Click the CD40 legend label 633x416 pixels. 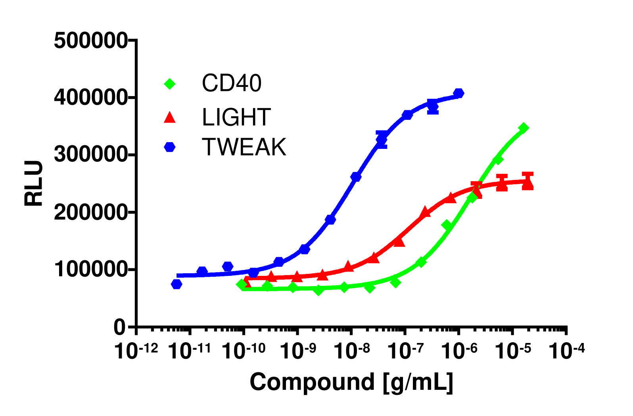pyautogui.click(x=232, y=83)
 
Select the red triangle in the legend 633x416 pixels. pyautogui.click(x=170, y=117)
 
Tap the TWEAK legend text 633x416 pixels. pyautogui.click(x=244, y=147)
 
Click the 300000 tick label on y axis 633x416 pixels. pyautogui.click(x=90, y=155)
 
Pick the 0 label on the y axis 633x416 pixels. pyautogui.click(x=119, y=327)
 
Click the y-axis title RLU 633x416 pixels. pyautogui.click(x=34, y=183)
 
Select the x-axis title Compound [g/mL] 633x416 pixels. pyautogui.click(x=351, y=382)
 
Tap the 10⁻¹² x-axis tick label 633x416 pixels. pyautogui.click(x=136, y=351)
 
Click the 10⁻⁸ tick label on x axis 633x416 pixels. pyautogui.click(x=352, y=351)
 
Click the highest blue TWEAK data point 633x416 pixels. pyautogui.click(x=458, y=93)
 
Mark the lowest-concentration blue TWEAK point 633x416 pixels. pyautogui.click(x=176, y=284)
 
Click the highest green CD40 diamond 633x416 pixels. pyautogui.click(x=524, y=128)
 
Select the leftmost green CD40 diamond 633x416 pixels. pyautogui.click(x=241, y=284)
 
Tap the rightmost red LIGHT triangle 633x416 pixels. pyautogui.click(x=528, y=184)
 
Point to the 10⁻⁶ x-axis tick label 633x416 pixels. pyautogui.click(x=459, y=351)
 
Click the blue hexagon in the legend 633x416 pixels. pyautogui.click(x=170, y=147)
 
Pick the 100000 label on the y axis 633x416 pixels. pyautogui.click(x=90, y=270)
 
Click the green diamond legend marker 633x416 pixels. pyautogui.click(x=170, y=84)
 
